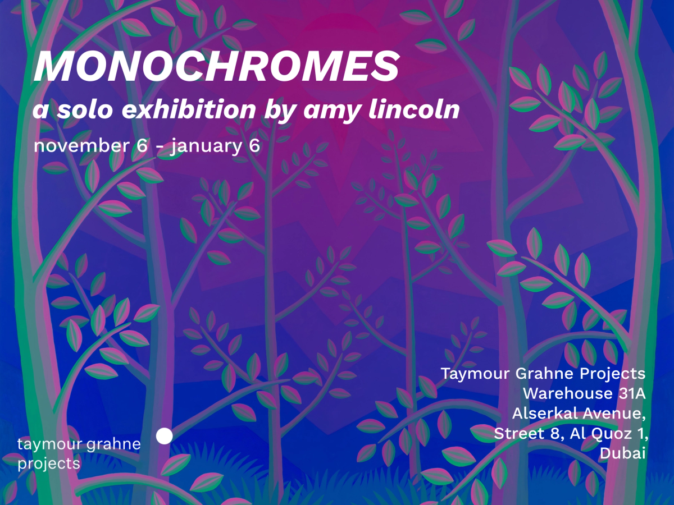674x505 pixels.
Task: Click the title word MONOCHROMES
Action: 217,66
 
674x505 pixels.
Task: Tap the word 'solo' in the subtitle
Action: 85,109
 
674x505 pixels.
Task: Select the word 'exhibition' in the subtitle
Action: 189,109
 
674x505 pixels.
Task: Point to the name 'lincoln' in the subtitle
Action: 414,109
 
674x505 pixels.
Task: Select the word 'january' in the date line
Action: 206,146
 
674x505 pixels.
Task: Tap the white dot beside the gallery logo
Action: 164,436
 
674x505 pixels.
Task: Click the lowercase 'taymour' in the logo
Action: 48,444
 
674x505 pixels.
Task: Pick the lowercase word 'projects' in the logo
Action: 49,464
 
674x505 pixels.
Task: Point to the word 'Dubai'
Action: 623,453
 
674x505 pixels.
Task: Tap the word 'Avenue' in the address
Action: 614,414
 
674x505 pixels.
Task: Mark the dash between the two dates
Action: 160,146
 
